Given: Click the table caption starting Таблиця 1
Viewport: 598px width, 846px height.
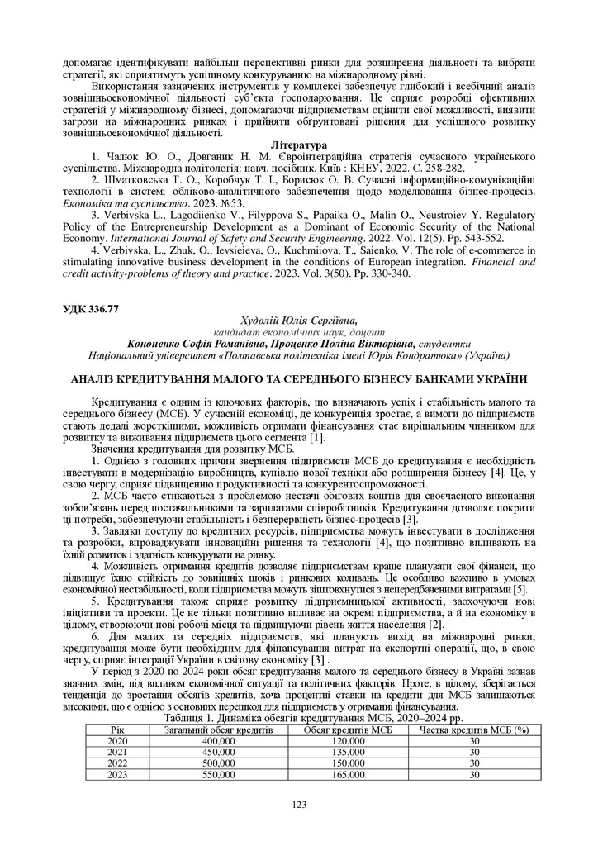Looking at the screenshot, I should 298,720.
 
